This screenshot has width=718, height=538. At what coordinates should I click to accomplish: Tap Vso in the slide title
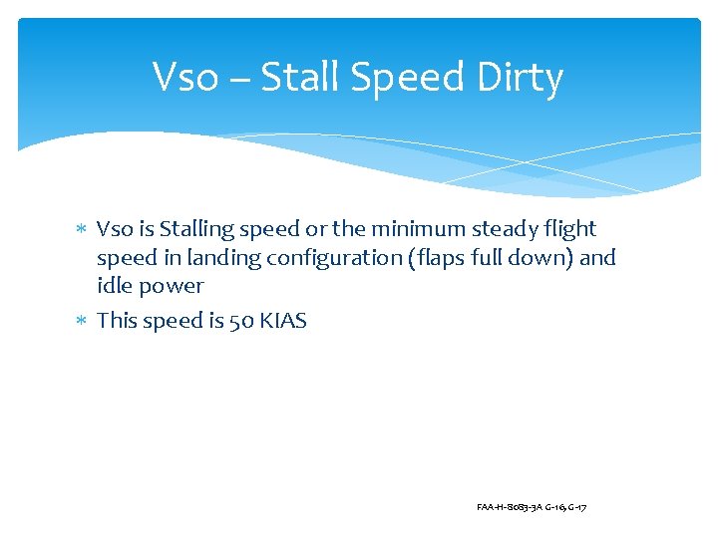pyautogui.click(x=185, y=78)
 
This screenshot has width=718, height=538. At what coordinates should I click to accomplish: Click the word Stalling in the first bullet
pyautogui.click(x=195, y=230)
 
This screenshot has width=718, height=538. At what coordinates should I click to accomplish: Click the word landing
pyautogui.click(x=195, y=258)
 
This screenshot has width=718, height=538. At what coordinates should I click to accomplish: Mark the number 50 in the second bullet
pyautogui.click(x=240, y=321)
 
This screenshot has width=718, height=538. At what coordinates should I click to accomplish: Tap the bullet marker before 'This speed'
pyautogui.click(x=82, y=322)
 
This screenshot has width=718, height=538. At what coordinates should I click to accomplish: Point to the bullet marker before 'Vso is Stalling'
pyautogui.click(x=82, y=230)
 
